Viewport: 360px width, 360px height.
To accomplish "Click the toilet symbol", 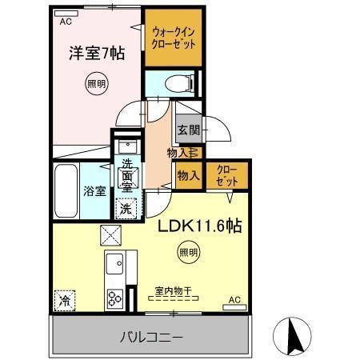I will coord(181,82).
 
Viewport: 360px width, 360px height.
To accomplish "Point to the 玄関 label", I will coord(188,130).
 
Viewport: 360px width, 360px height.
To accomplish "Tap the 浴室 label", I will coord(94,191).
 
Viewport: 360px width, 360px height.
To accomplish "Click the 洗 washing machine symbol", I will coord(126,206).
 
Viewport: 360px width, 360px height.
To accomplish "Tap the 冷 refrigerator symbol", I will coord(63,302).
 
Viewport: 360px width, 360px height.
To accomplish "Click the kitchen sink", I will coord(114,265).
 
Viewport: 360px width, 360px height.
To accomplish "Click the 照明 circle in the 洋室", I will coord(94,82).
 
